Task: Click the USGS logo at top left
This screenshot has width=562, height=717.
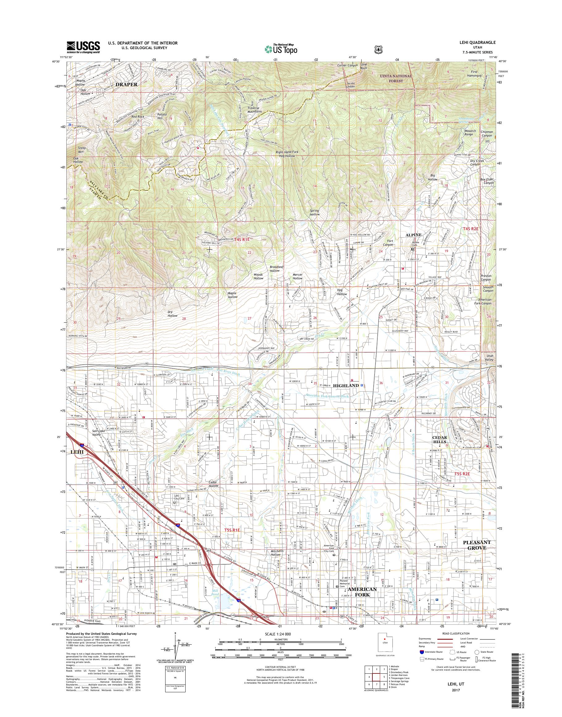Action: (x=83, y=47)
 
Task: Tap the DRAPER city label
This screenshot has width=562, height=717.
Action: (x=126, y=84)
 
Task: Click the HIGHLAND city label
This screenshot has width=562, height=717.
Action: (x=346, y=385)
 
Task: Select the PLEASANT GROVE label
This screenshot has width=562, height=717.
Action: (x=477, y=545)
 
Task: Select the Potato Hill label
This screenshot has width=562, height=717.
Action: (x=161, y=116)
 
